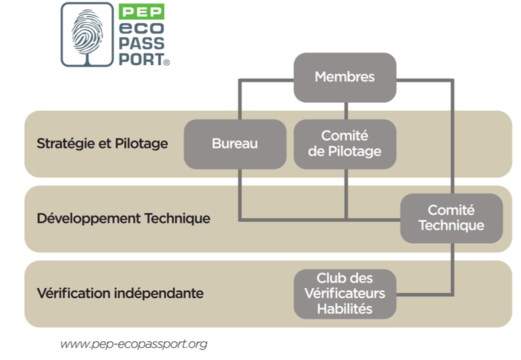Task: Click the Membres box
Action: pyautogui.click(x=344, y=77)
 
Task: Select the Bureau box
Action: pyautogui.click(x=234, y=144)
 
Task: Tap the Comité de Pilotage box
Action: pyautogui.click(x=344, y=144)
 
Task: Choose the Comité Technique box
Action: pyautogui.click(x=451, y=218)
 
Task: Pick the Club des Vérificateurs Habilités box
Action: pyautogui.click(x=344, y=294)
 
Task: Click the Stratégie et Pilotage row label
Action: pyautogui.click(x=102, y=144)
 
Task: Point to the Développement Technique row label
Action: pyautogui.click(x=124, y=218)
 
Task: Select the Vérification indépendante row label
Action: pyautogui.click(x=120, y=294)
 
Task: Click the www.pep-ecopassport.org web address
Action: pyautogui.click(x=133, y=344)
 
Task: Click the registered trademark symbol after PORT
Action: pyautogui.click(x=167, y=61)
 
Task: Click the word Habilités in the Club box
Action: pyautogui.click(x=344, y=309)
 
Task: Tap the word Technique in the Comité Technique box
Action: pyautogui.click(x=451, y=226)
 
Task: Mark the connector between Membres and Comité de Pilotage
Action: pyautogui.click(x=345, y=110)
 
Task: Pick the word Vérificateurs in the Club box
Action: pyautogui.click(x=344, y=294)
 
